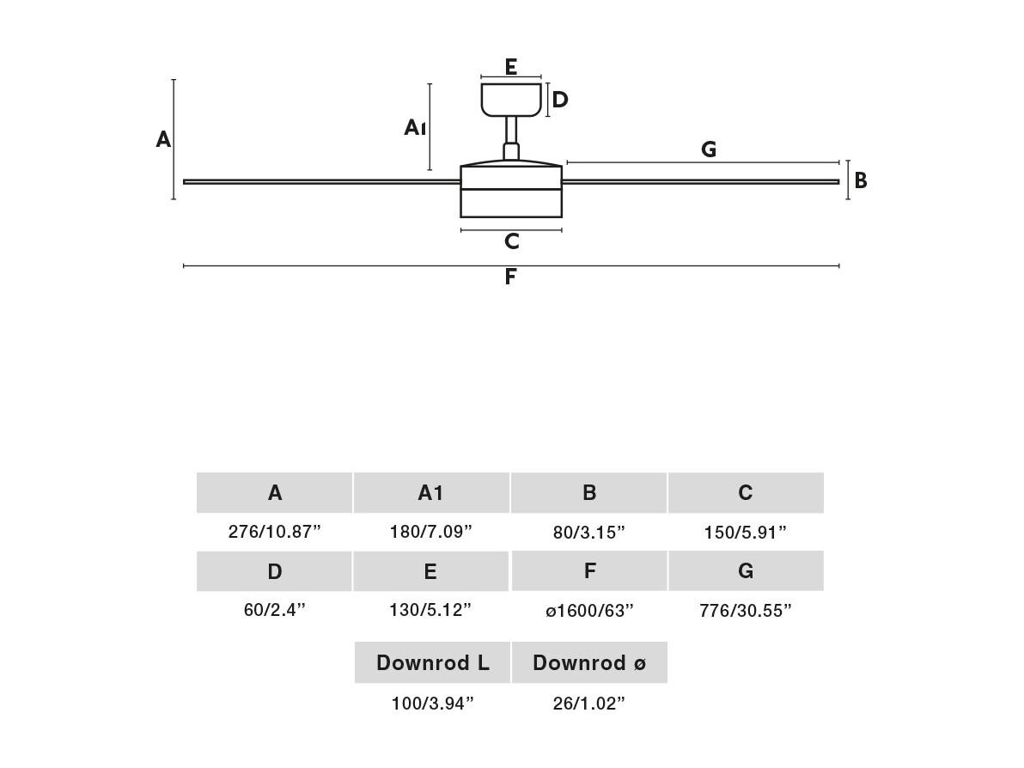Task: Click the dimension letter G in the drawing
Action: [709, 149]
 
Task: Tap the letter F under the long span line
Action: [510, 277]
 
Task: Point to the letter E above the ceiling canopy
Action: [511, 67]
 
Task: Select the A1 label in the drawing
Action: [415, 127]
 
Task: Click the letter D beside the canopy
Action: [560, 100]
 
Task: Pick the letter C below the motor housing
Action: [512, 241]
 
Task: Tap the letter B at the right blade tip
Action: [861, 180]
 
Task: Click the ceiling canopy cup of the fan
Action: [511, 100]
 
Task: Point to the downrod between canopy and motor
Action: [511, 138]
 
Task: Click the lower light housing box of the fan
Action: [511, 203]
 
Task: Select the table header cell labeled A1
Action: [431, 492]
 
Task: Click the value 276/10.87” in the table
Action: [275, 532]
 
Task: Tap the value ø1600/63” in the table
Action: [589, 611]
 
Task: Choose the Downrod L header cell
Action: [432, 663]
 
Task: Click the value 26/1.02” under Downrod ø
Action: [589, 704]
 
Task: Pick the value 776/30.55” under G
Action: [746, 611]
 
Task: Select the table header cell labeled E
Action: [431, 571]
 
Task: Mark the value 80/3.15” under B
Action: [589, 533]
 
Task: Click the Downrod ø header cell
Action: [589, 663]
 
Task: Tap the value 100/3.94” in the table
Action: [432, 704]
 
